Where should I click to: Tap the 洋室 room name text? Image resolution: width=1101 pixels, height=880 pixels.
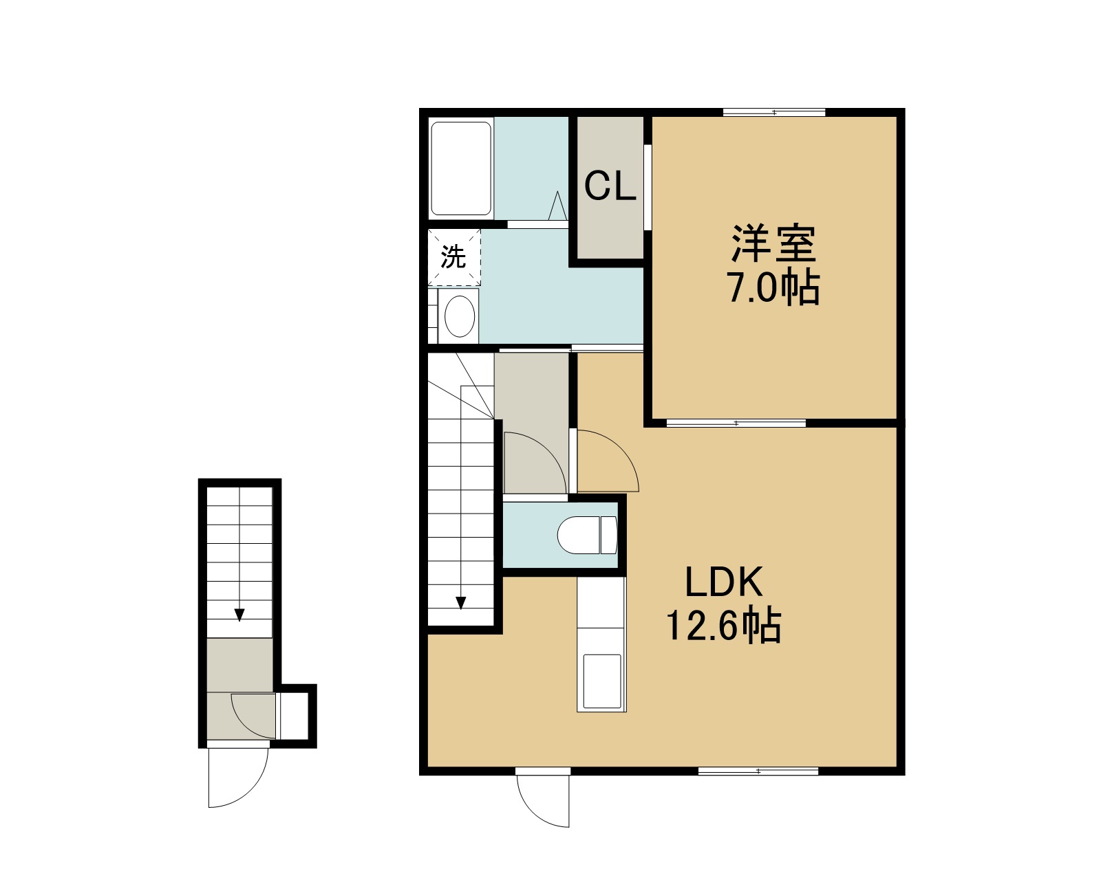[773, 244]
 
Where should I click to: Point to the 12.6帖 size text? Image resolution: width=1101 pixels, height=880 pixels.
[723, 626]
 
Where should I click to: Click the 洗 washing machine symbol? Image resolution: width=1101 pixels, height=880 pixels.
[454, 257]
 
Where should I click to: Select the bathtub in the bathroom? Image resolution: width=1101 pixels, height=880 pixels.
[461, 168]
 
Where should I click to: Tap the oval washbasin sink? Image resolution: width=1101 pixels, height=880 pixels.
[460, 316]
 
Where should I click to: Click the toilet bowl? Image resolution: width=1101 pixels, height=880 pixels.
[588, 535]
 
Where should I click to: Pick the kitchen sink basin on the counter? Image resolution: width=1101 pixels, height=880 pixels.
[601, 681]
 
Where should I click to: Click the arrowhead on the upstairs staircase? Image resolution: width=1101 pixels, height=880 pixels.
[461, 603]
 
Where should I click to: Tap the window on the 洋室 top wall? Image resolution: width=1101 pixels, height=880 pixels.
[774, 113]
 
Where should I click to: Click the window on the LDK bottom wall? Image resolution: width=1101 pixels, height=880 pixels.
[758, 771]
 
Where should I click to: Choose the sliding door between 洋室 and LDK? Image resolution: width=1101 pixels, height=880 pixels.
[736, 423]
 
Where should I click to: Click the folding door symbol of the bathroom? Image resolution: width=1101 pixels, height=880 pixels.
[557, 206]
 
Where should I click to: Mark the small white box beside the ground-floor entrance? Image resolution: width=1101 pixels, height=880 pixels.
[292, 716]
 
